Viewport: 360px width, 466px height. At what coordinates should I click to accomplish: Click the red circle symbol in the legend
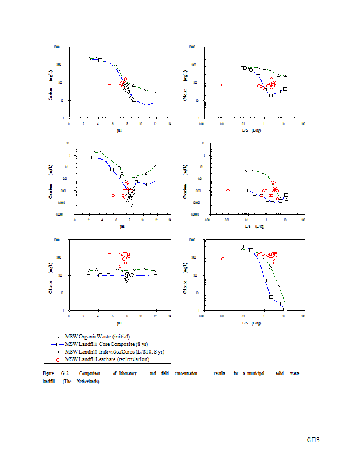pyautogui.click(x=58, y=359)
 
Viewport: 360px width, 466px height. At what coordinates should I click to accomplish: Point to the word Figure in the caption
pyautogui.click(x=48, y=373)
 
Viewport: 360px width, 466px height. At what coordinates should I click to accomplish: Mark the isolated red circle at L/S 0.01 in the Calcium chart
pyautogui.click(x=223, y=86)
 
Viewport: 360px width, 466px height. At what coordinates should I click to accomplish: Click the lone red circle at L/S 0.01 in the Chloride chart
pyautogui.click(x=223, y=259)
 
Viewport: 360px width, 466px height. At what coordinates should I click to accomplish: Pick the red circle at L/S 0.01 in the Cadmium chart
pyautogui.click(x=228, y=190)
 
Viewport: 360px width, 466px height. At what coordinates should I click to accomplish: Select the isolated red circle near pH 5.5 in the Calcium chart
pyautogui.click(x=109, y=86)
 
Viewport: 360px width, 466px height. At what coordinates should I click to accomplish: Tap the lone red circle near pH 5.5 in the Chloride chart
pyautogui.click(x=109, y=255)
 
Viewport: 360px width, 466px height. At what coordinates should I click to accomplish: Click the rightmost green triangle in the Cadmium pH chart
pyautogui.click(x=155, y=167)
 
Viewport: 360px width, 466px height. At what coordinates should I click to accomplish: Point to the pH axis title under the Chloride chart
pyautogui.click(x=119, y=322)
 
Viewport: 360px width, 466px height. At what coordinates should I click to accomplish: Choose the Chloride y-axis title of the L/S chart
pyautogui.click(x=185, y=275)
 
